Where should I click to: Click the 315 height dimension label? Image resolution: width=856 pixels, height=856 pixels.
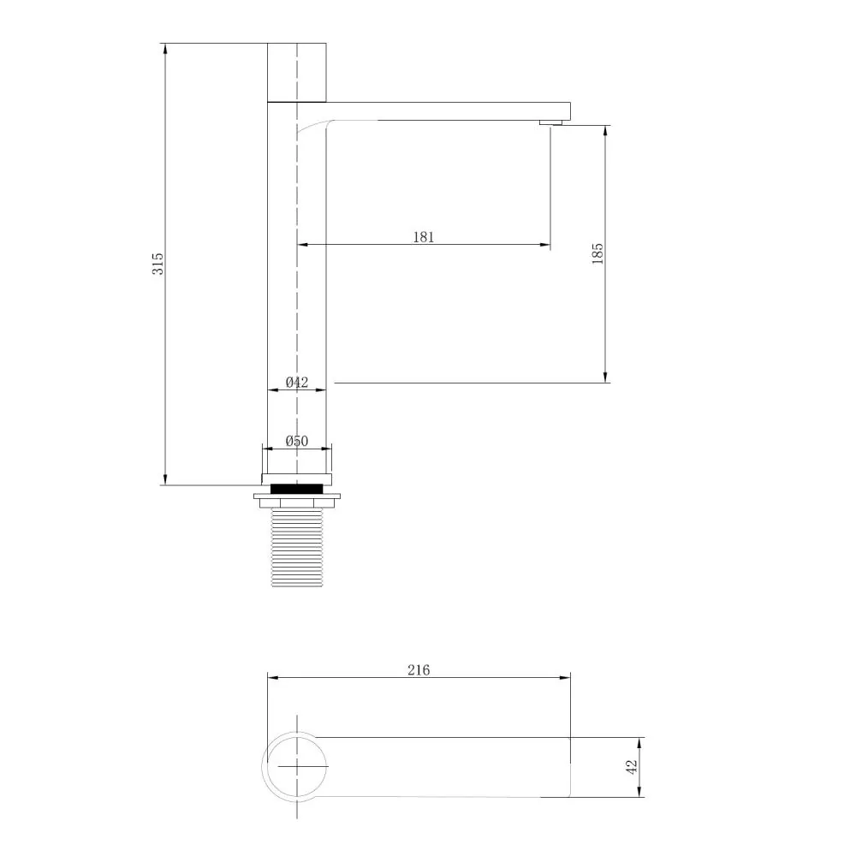158,264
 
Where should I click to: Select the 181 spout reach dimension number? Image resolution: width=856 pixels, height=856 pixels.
423,237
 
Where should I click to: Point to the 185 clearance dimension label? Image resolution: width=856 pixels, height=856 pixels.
597,254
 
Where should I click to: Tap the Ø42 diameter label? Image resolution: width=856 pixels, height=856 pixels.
297,382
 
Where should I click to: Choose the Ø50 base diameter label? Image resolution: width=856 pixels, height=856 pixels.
297,441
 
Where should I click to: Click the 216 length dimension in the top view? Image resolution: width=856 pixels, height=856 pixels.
419,670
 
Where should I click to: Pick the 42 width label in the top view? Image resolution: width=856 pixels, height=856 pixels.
632,767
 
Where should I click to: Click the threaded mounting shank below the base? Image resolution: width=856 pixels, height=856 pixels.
297,547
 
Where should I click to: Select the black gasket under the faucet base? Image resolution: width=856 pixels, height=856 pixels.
297,489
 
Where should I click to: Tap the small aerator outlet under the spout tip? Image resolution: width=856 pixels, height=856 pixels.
550,122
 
